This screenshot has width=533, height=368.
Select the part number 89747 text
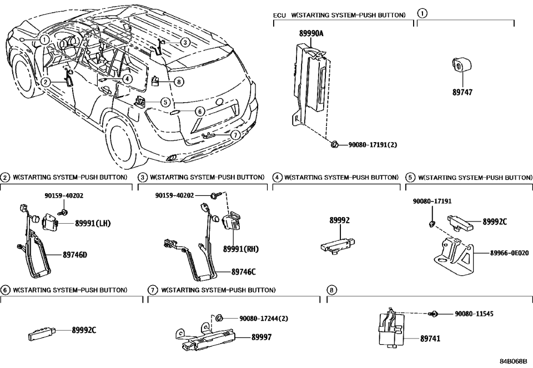[x=462, y=93]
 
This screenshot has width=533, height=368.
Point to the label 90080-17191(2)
[x=372, y=144]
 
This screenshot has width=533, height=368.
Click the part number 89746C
[x=244, y=272]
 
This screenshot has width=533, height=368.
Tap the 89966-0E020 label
[x=509, y=252]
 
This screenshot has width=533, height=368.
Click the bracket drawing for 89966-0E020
[x=453, y=255]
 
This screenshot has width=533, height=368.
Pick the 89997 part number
[x=262, y=336]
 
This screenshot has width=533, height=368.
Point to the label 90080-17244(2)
[x=264, y=319]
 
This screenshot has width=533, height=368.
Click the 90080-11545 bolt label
[x=474, y=314]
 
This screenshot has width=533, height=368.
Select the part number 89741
[x=430, y=337]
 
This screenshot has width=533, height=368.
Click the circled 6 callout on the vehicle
[x=200, y=111]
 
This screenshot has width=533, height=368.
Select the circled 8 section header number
[x=331, y=290]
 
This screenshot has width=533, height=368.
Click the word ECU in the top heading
[x=279, y=14]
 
